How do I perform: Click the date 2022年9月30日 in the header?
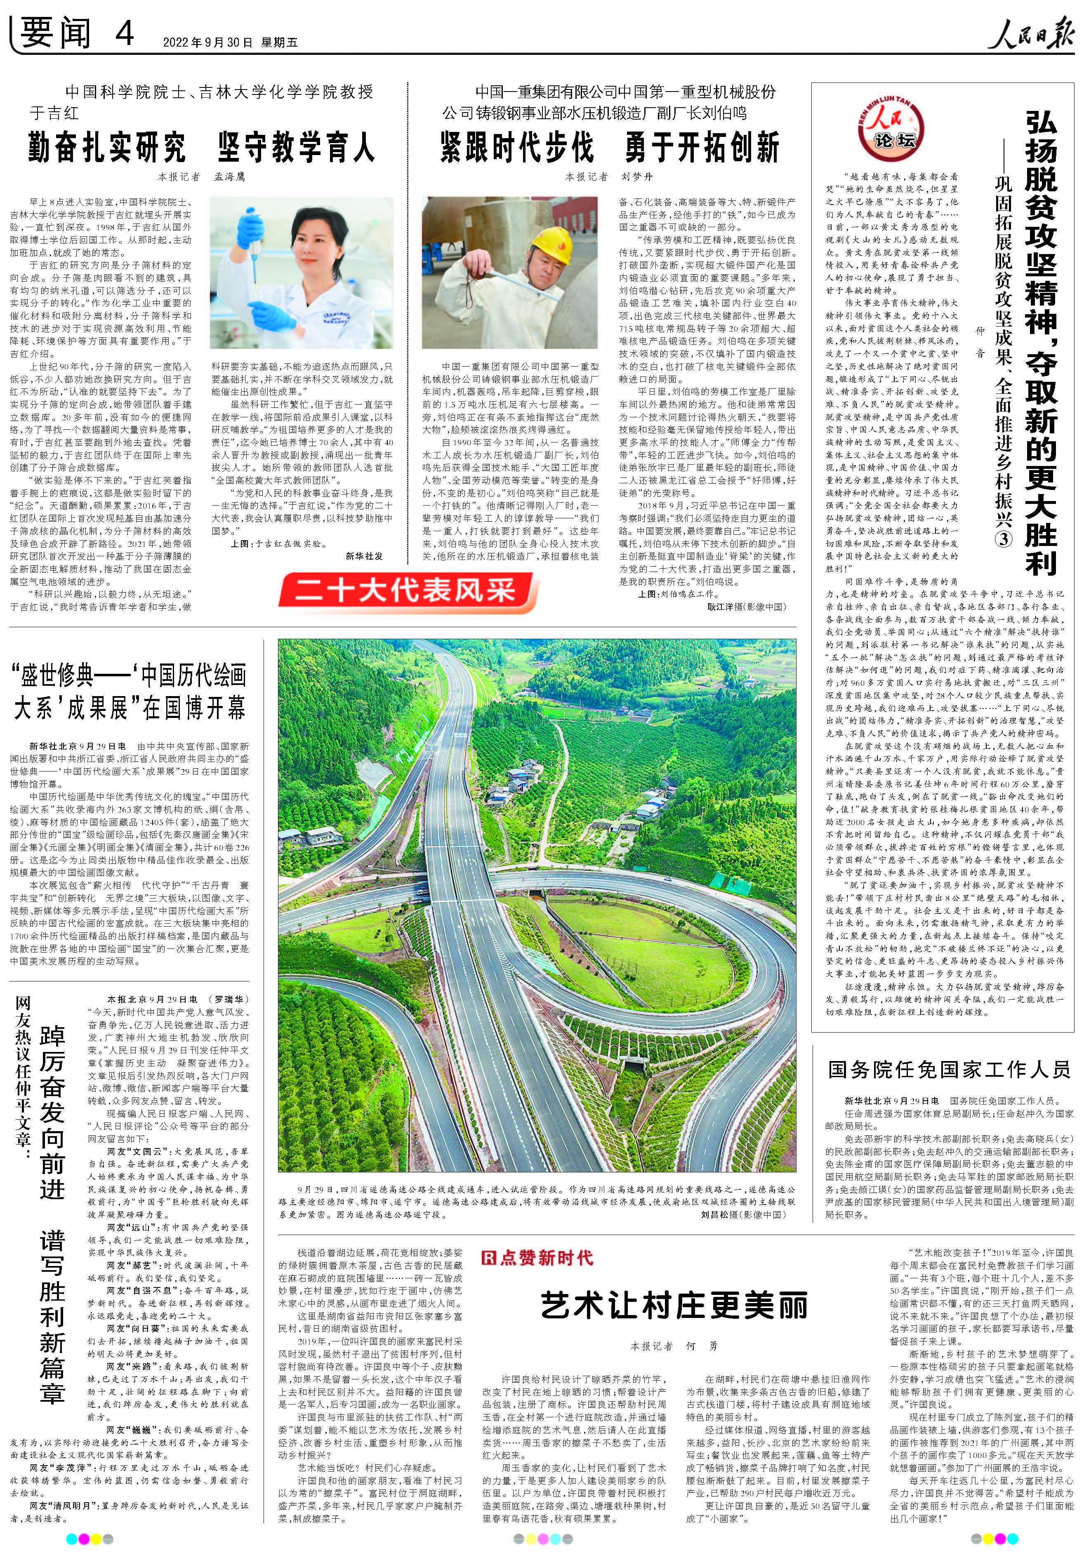pyautogui.click(x=207, y=42)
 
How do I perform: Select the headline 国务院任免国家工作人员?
pyautogui.click(x=949, y=1069)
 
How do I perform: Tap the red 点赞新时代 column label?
pyautogui.click(x=537, y=1257)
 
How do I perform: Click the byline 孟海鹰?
pyautogui.click(x=230, y=177)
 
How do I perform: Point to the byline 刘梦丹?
pyautogui.click(x=637, y=177)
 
